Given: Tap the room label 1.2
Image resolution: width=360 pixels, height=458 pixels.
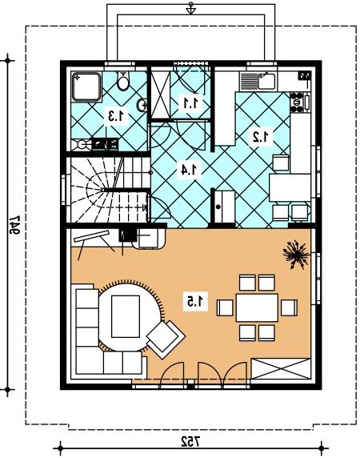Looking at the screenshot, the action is point(262,136).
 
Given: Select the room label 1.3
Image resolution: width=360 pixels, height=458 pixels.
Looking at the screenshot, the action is point(118,115).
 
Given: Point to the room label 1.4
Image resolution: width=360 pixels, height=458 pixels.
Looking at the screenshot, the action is point(190,170).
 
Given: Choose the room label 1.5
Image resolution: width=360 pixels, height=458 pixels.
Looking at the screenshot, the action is point(196,301).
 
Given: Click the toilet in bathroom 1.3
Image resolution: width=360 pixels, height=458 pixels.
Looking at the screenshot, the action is point(123,81).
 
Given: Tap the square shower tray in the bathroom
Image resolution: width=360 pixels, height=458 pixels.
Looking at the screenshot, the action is point(86,86).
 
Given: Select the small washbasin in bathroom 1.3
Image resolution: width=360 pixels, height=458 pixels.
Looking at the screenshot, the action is point(142,105).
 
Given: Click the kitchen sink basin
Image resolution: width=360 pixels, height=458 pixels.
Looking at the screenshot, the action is point(266,81).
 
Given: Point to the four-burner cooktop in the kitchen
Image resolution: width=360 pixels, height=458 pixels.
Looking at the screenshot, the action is point(297,102).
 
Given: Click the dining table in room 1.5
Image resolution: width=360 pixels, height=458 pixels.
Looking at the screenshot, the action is point(257,307).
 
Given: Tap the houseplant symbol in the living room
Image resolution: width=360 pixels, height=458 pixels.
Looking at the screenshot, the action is point(296,254).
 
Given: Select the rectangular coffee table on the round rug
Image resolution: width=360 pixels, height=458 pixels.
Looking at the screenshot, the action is point(126,316).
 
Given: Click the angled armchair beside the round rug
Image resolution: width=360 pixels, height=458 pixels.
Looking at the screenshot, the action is point(166,339).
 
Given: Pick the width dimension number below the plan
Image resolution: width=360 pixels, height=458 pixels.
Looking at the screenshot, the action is point(191,441).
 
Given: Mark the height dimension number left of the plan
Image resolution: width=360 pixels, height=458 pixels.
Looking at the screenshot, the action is point(14,225).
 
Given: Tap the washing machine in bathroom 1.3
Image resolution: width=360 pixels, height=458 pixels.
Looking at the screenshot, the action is point(82,145).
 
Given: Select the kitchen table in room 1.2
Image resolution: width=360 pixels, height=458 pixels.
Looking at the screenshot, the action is point(290,187).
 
